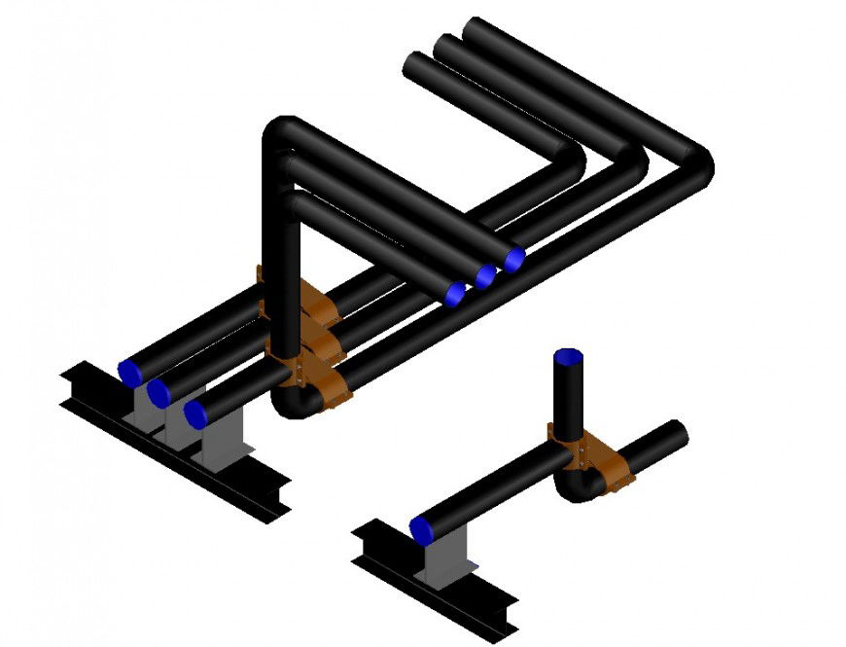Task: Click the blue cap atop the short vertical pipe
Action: tap(568, 355)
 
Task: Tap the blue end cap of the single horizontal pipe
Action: tap(422, 531)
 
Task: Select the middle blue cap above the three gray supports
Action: tap(159, 392)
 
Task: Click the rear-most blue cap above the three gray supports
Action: tap(129, 371)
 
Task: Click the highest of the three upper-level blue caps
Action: tap(514, 258)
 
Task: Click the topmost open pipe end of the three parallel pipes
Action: tap(476, 29)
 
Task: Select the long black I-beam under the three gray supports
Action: tap(175, 443)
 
